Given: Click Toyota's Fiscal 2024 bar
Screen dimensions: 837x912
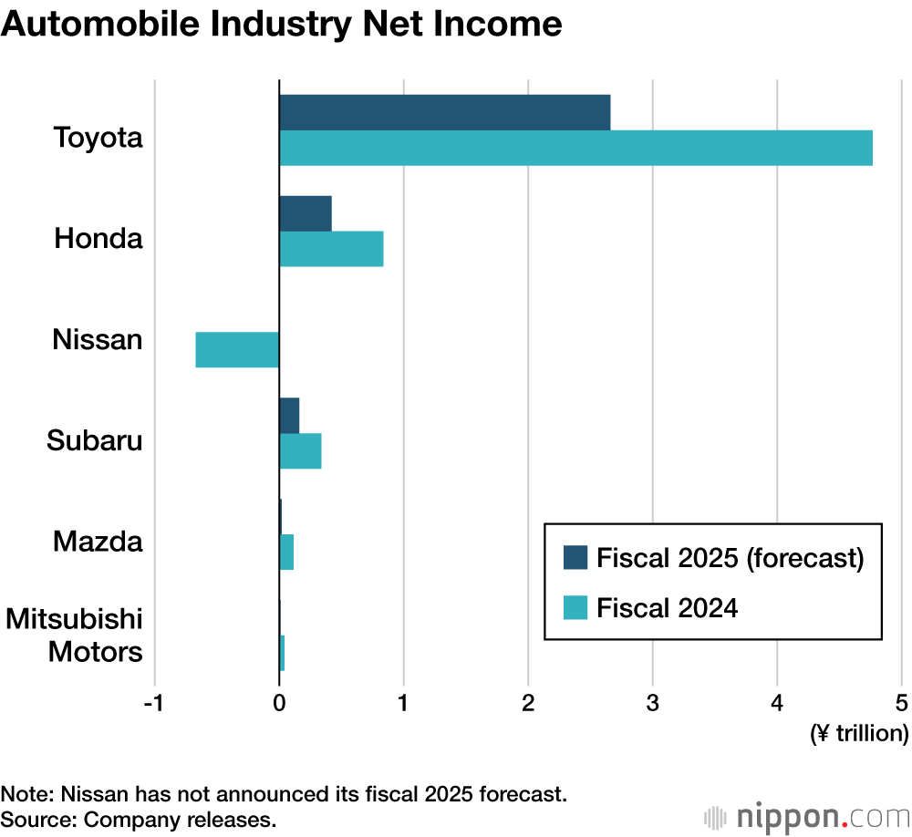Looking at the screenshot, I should pos(575,148).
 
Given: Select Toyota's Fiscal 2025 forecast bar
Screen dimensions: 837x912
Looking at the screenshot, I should pos(444,112).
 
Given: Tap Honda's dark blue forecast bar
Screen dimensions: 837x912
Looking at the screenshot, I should pos(305,213).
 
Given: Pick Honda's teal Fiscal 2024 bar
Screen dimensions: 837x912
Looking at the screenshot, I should pos(331,249).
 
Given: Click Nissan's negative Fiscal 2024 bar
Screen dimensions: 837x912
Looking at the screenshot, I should pos(237,350).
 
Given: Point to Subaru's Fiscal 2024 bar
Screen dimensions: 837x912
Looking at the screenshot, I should pos(300,451).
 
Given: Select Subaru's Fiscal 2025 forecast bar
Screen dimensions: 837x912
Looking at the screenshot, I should pos(289,416).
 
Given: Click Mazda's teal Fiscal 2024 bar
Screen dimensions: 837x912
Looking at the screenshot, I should pos(286,553).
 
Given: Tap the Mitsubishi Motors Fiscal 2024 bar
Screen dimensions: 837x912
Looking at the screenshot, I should pos(282,653).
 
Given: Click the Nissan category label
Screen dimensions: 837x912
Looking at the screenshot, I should pos(98,340).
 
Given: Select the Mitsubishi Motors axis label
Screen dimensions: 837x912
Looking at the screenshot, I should pos(75,636).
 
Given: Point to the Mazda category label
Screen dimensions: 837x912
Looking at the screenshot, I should pos(98,542).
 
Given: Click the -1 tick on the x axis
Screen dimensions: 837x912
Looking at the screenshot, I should pos(154,704).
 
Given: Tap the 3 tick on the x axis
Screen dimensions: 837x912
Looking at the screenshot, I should pos(652,704).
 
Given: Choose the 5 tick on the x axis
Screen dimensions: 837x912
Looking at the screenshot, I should pos(901,704).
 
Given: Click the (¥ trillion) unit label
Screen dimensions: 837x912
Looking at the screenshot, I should pos(859,733).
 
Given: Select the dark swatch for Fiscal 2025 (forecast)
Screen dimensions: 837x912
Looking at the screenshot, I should pos(575,557).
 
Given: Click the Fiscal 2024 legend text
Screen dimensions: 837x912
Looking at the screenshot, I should pos(667,607).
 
